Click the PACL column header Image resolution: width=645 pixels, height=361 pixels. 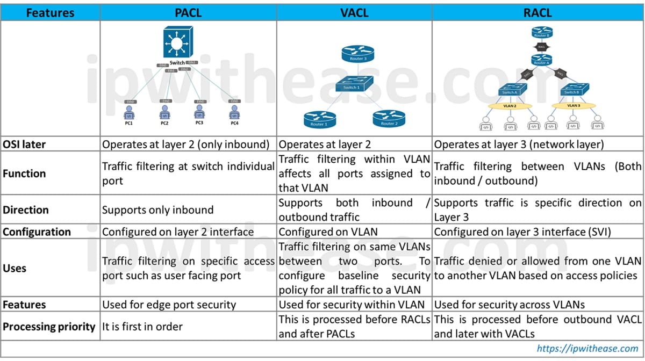point(189,12)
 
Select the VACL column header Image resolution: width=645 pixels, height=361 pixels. point(354,12)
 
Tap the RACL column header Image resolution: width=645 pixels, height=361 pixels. point(537,12)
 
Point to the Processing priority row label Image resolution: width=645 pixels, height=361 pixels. point(49,326)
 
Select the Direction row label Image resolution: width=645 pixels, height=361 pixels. point(26,210)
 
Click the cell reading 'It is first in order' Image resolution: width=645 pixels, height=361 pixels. point(142,326)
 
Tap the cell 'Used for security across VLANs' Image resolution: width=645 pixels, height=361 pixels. point(508,305)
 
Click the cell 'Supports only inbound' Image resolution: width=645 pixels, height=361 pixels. point(157,210)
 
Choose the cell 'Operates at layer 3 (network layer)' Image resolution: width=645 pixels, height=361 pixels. point(518,145)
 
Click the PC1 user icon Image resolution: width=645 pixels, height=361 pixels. point(129,112)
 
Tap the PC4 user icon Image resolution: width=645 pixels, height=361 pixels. point(234,112)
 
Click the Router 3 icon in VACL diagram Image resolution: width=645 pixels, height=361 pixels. point(357,54)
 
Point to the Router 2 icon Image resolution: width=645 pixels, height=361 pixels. point(388,119)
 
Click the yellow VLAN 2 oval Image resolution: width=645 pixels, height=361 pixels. point(510,106)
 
